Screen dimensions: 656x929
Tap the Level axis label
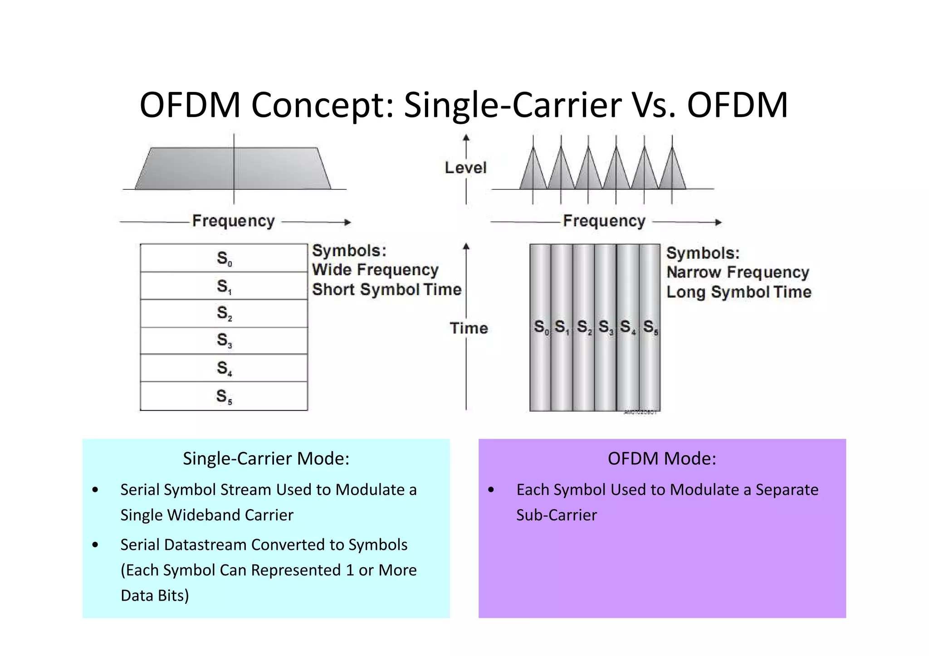coord(465,168)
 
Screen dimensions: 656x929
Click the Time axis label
coord(469,328)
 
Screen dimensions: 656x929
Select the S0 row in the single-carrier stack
coord(224,258)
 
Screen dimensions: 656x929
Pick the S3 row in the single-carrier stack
coord(224,340)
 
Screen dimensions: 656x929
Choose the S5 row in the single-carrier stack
coord(224,396)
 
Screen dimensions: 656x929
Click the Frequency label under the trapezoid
coord(233,221)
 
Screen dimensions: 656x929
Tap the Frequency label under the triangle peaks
coord(604,221)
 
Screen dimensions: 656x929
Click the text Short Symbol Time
coord(386,289)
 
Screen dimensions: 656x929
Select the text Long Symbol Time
coord(738,292)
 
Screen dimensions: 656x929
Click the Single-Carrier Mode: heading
coord(266,458)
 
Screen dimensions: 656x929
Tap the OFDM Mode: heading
coord(662,458)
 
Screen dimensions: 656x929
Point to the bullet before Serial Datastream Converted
coord(95,544)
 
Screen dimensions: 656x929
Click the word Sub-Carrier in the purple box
coord(556,515)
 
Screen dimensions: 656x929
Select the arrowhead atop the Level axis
coord(466,137)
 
